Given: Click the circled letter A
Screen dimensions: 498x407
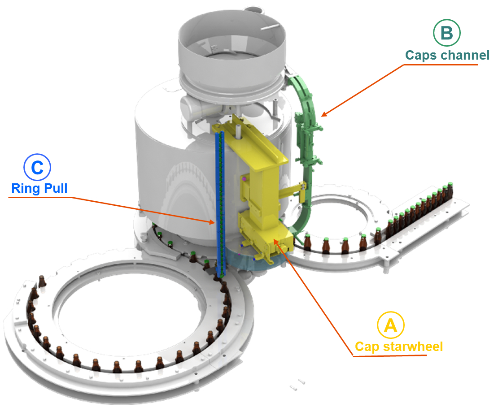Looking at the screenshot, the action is [x=390, y=325].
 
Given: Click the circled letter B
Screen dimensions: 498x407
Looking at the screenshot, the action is [x=447, y=33].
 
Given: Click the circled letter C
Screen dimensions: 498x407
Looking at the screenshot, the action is [x=37, y=167].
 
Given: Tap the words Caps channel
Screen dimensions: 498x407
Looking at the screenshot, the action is [x=447, y=55].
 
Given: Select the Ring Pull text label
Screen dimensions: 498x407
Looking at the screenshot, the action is [x=39, y=188].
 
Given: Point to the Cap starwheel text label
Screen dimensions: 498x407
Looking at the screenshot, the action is [x=398, y=346].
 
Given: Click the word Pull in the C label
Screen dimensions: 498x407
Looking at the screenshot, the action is [x=56, y=188].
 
